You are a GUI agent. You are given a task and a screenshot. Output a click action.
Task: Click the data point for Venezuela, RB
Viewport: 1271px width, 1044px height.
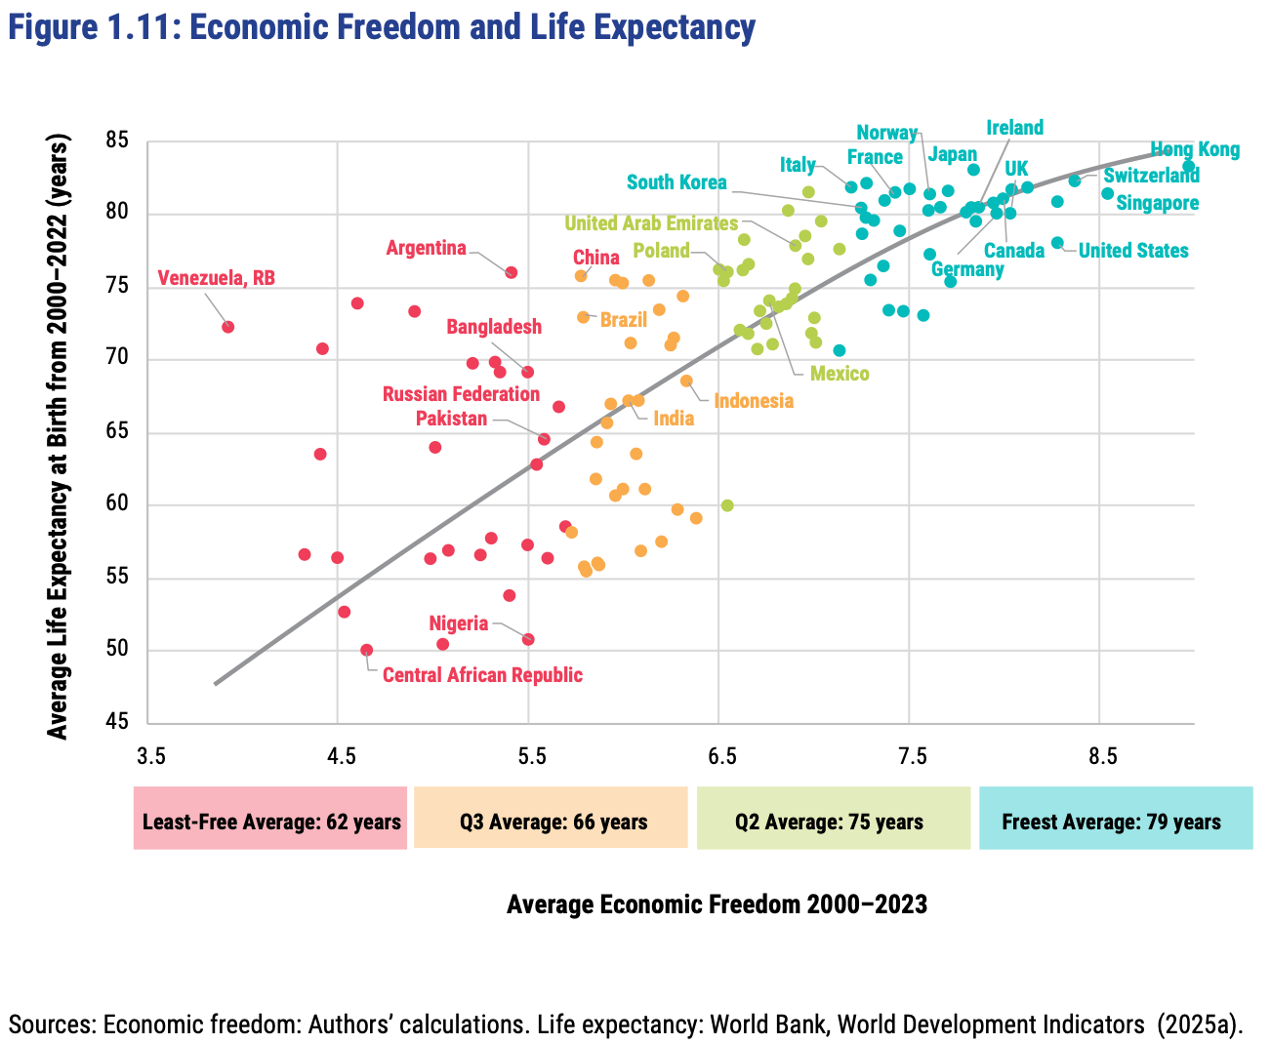[x=227, y=327]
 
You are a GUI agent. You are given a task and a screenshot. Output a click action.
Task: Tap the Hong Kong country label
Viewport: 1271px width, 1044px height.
[x=1194, y=150]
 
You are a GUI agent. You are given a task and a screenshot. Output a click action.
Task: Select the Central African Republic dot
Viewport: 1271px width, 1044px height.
[x=366, y=650]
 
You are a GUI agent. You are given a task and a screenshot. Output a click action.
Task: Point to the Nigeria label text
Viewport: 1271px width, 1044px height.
[x=458, y=623]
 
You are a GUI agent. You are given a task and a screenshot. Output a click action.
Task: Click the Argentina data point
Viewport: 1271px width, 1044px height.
[x=511, y=272]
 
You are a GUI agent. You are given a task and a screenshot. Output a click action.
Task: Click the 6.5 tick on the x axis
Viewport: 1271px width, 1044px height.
[x=720, y=757]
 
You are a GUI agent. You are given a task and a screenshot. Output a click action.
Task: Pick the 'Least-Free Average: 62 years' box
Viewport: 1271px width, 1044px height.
[x=270, y=821]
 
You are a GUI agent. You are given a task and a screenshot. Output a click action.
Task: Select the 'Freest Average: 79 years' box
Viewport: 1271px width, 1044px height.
[x=1115, y=821]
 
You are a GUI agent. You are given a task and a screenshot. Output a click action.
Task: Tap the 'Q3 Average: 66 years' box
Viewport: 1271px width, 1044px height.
[x=553, y=821]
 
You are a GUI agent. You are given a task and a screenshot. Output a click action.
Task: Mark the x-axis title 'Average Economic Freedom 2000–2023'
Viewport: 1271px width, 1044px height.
[x=717, y=904]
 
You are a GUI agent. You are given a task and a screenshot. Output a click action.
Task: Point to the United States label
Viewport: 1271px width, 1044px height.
[x=1132, y=251]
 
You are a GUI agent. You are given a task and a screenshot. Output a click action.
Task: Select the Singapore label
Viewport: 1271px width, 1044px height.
[x=1157, y=203]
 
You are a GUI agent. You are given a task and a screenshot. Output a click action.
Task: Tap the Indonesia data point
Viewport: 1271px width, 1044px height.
[x=686, y=381]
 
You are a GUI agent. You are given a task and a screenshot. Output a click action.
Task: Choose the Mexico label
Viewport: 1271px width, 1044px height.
[x=839, y=374]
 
